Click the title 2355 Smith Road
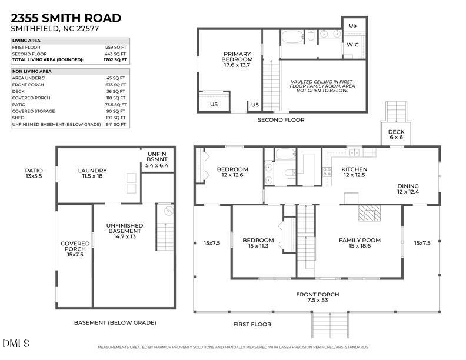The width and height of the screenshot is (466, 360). point(66,18)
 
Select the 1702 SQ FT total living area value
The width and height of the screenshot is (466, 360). point(116,60)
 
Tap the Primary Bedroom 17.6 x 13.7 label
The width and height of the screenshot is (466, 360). point(237,60)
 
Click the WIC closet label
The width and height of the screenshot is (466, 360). point(352,45)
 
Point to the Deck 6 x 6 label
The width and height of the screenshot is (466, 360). point(395,134)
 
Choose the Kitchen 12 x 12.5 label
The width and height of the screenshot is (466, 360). point(354,172)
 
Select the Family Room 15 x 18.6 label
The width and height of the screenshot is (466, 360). point(360,243)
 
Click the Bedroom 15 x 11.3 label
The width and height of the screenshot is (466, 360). point(258,243)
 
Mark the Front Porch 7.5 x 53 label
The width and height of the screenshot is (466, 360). point(317,297)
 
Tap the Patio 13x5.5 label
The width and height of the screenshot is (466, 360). point(34,174)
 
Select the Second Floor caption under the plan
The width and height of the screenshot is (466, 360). point(281,120)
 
